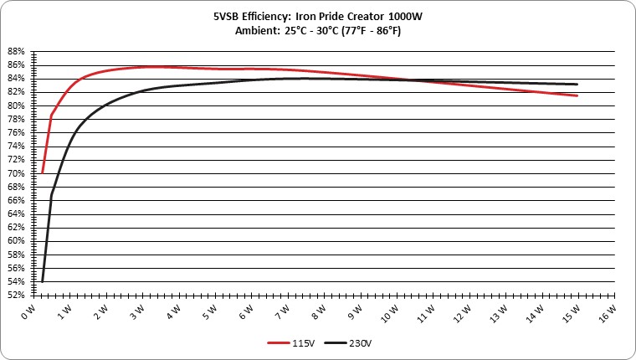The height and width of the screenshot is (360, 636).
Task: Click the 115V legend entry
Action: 291,343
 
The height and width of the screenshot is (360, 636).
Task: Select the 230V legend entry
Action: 348,343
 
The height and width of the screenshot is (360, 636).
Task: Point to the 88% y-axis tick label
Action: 16,52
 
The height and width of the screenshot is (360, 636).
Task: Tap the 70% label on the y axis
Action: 16,173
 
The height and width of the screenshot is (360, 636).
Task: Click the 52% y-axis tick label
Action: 16,295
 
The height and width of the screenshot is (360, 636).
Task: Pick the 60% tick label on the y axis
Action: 16,241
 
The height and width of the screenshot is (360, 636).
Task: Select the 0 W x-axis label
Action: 28,311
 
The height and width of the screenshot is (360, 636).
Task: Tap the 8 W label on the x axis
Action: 319,311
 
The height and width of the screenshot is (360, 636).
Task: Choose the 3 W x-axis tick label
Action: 137,311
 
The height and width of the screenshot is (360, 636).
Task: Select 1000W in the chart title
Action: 405,17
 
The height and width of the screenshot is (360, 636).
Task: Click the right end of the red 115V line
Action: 577,95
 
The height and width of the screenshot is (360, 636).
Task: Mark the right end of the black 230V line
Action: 577,85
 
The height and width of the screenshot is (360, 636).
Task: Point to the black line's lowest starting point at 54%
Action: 42,281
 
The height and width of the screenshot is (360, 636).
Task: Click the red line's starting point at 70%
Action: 42,173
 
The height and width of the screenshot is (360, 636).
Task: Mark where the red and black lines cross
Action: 410,80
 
